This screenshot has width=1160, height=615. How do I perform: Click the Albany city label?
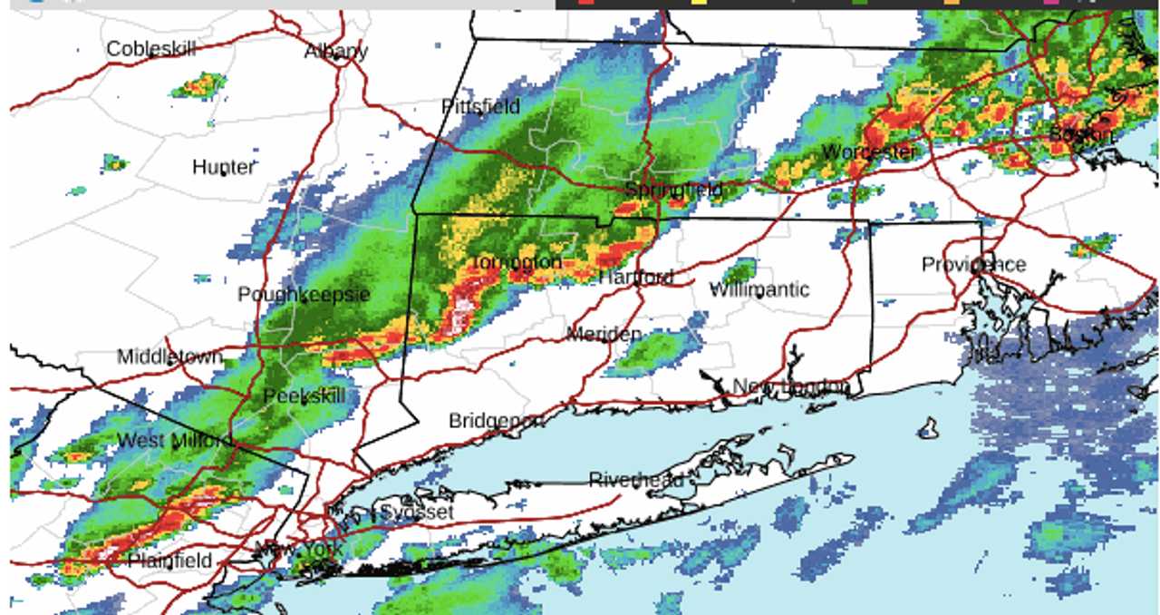336,51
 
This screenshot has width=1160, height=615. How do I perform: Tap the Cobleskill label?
150,49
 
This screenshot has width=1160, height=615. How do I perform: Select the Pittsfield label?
480,107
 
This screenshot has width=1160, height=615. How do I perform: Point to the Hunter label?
223,167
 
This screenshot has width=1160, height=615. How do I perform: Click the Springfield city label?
673,190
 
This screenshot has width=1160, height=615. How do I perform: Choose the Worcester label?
870,151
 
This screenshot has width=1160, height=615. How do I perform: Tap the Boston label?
1080,134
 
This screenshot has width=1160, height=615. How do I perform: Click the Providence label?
973,264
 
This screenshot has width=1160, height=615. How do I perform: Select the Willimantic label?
759,289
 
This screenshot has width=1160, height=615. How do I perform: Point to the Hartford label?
635,277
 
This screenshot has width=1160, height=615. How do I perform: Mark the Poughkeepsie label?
304,295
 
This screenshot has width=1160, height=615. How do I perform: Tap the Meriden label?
604,334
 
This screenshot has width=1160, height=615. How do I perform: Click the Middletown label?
169,357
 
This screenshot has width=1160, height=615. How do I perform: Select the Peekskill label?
304,396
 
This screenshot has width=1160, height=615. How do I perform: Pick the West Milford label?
174,441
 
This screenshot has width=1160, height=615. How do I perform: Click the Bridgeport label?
496,421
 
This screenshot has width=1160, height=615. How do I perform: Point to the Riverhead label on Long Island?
636,480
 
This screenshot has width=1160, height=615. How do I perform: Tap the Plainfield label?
169,560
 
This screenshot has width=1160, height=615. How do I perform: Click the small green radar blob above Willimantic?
739,270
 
